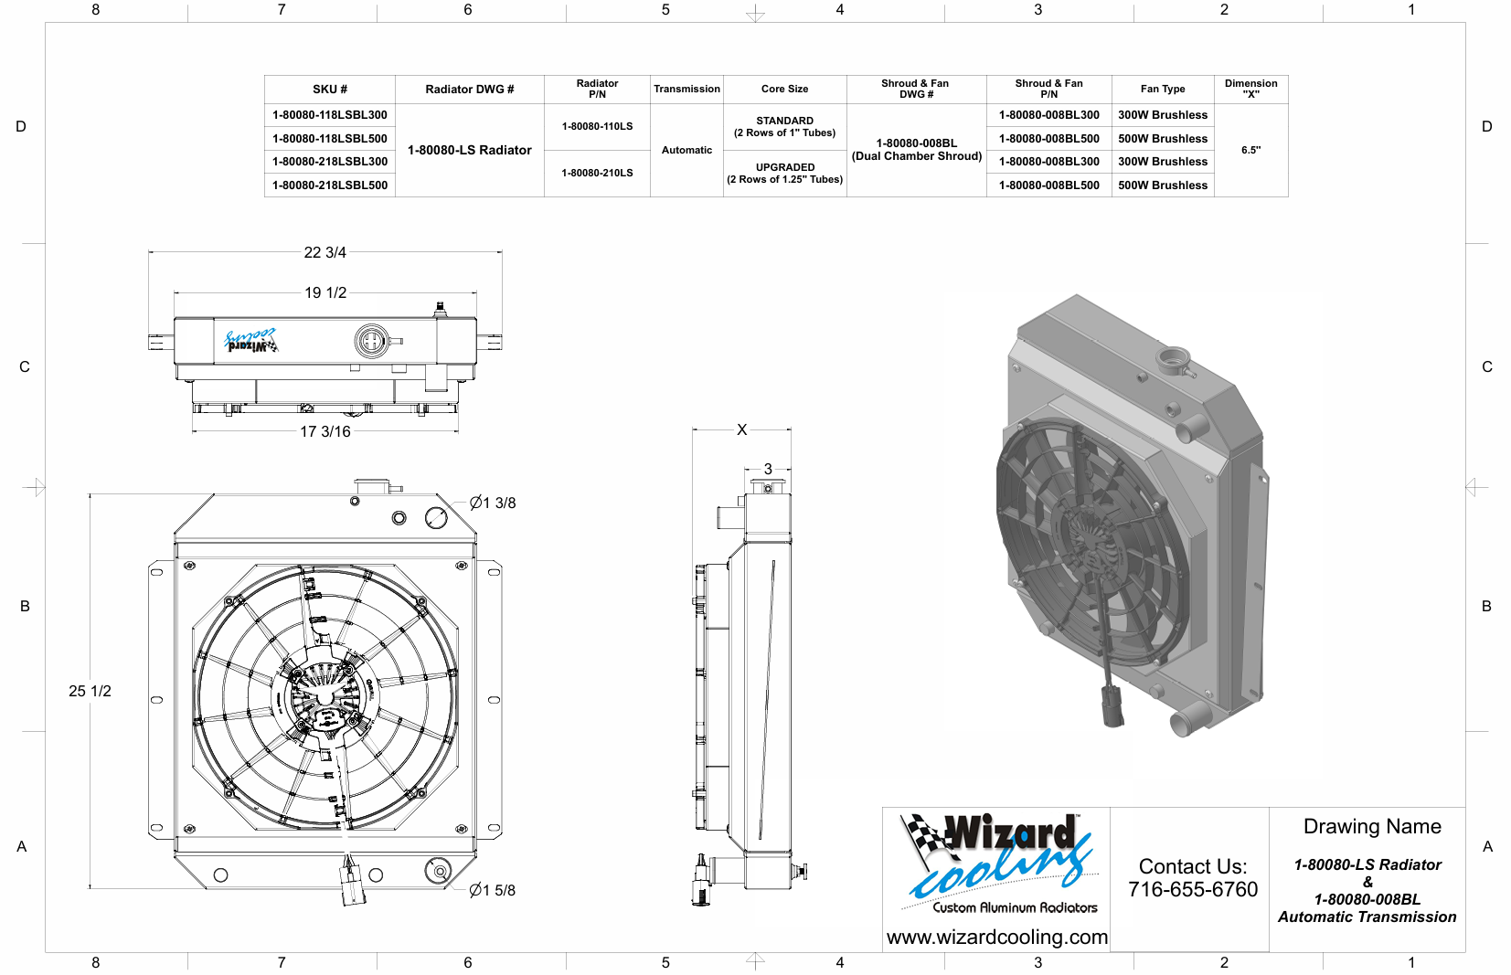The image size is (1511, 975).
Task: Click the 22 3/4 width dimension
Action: coord(325,252)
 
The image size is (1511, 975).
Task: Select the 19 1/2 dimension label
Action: coord(325,292)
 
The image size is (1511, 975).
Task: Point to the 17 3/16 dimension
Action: coord(325,431)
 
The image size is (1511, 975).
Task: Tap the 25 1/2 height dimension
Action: coord(90,691)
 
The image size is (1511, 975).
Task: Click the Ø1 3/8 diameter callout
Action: coord(493,503)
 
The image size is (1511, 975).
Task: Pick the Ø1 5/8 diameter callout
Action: coord(492,891)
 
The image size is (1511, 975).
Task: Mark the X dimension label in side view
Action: coord(742,430)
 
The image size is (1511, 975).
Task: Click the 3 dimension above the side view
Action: coord(768,469)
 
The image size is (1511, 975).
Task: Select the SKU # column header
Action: coord(330,89)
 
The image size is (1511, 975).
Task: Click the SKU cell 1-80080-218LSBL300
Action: coord(330,162)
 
